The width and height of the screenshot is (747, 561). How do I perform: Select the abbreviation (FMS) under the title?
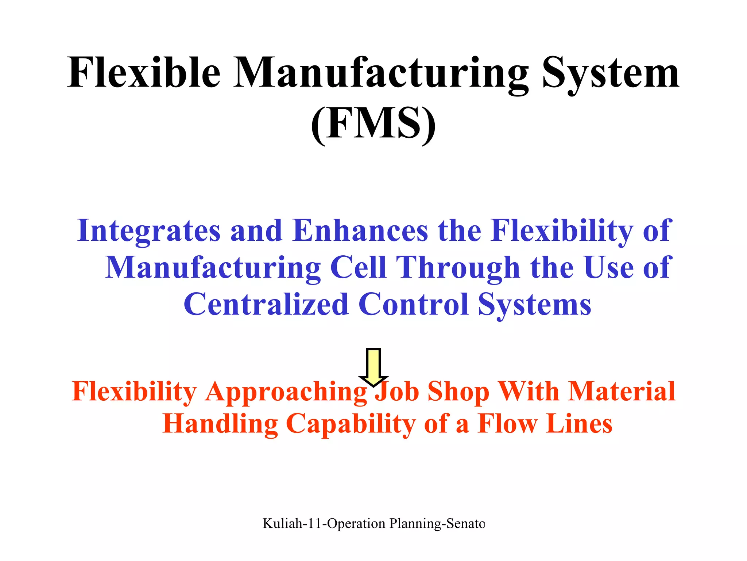tap(373, 123)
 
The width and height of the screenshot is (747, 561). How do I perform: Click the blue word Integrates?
tap(149, 231)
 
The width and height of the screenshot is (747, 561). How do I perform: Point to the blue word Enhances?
tap(360, 230)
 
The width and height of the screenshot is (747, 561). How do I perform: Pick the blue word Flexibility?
tap(561, 231)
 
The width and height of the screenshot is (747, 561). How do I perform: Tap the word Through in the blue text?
tap(458, 268)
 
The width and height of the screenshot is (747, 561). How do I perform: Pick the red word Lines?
tap(579, 424)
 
